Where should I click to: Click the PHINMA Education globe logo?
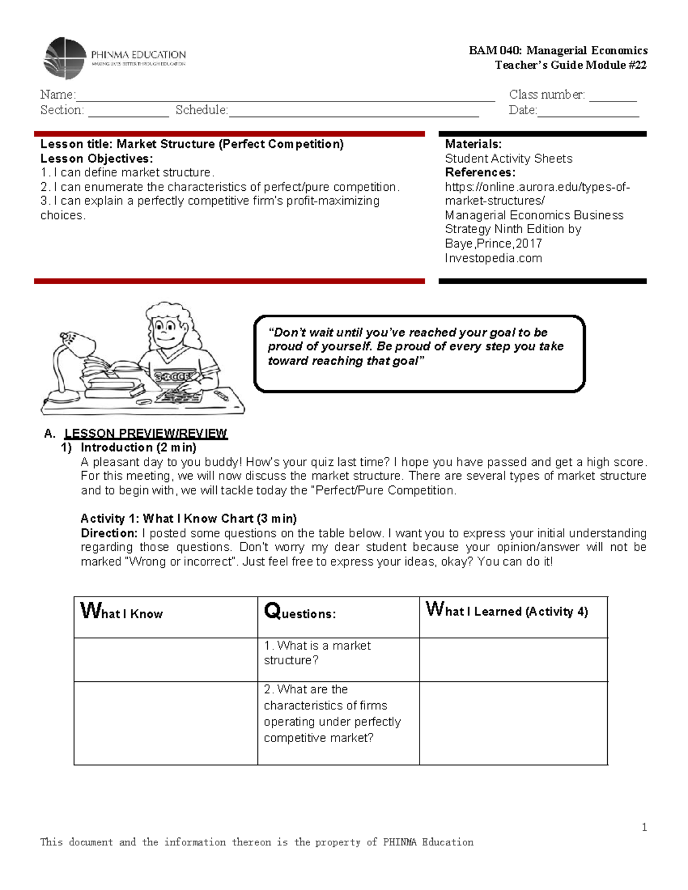pyautogui.click(x=65, y=58)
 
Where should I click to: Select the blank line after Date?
pyautogui.click(x=588, y=112)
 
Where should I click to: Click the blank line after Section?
pyautogui.click(x=128, y=112)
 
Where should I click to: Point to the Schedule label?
pyautogui.click(x=201, y=110)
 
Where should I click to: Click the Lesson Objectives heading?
pyautogui.click(x=96, y=159)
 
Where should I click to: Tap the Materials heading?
pyautogui.click(x=473, y=144)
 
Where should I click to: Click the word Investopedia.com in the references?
pyautogui.click(x=493, y=258)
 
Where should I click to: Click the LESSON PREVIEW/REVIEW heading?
pyautogui.click(x=146, y=433)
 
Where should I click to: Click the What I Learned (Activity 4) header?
pyautogui.click(x=507, y=610)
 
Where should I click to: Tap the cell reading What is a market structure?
pyautogui.click(x=317, y=653)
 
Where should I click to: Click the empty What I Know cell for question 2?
pyautogui.click(x=165, y=723)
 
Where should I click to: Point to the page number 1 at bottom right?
pyautogui.click(x=644, y=827)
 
